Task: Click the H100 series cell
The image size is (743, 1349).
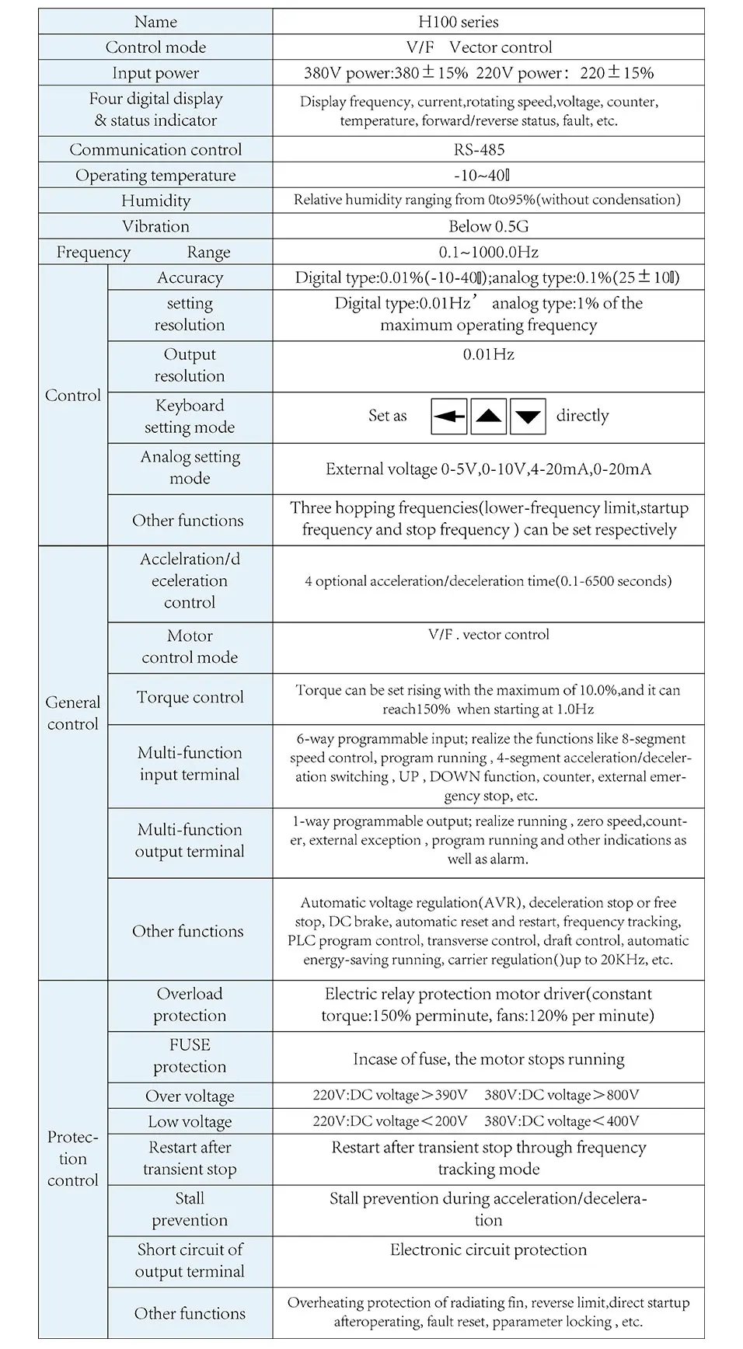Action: click(459, 22)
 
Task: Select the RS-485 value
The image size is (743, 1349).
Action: click(480, 149)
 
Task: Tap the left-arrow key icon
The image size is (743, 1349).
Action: click(449, 417)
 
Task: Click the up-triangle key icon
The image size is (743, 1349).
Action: click(488, 417)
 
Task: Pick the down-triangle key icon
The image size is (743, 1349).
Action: click(528, 417)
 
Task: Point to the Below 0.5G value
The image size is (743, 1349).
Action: click(488, 226)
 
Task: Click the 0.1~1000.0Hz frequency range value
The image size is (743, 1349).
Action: click(488, 252)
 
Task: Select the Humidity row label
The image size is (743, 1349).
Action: click(155, 200)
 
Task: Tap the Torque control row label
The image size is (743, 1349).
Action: click(190, 697)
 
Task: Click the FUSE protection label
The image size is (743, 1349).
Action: click(190, 1055)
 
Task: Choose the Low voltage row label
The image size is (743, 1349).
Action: click(190, 1121)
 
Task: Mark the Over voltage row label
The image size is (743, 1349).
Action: click(190, 1096)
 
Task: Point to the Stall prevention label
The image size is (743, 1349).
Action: click(190, 1209)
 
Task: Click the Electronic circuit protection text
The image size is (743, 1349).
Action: click(488, 1250)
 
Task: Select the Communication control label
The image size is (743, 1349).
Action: click(155, 149)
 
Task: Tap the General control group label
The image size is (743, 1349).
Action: click(73, 713)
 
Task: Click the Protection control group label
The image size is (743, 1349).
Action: click(73, 1159)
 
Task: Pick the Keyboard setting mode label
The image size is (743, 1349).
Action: click(190, 416)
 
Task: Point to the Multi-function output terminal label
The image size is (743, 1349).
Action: click(190, 840)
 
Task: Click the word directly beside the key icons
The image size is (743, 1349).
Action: click(582, 416)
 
